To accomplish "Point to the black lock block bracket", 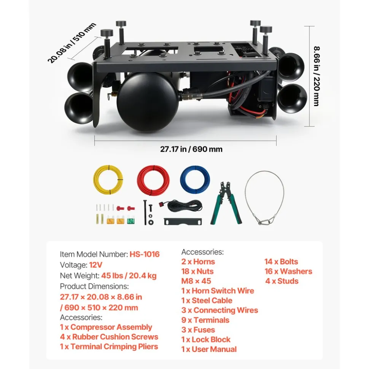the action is click(x=183, y=222).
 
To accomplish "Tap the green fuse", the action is click(x=131, y=220).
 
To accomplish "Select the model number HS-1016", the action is click(x=145, y=254).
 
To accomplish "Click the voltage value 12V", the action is click(x=95, y=265).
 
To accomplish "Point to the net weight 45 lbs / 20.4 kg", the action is click(x=129, y=276).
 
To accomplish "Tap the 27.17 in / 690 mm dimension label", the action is click(x=191, y=149).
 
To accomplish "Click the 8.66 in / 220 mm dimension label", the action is click(x=317, y=76).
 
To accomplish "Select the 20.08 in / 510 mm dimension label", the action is click(x=72, y=43).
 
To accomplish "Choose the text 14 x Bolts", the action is click(x=281, y=262).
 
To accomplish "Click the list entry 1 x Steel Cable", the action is click(x=207, y=301).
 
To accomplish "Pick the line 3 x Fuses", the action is click(x=198, y=330).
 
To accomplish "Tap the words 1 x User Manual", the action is click(x=209, y=349).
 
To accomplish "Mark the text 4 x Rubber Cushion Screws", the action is click(x=109, y=337).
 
